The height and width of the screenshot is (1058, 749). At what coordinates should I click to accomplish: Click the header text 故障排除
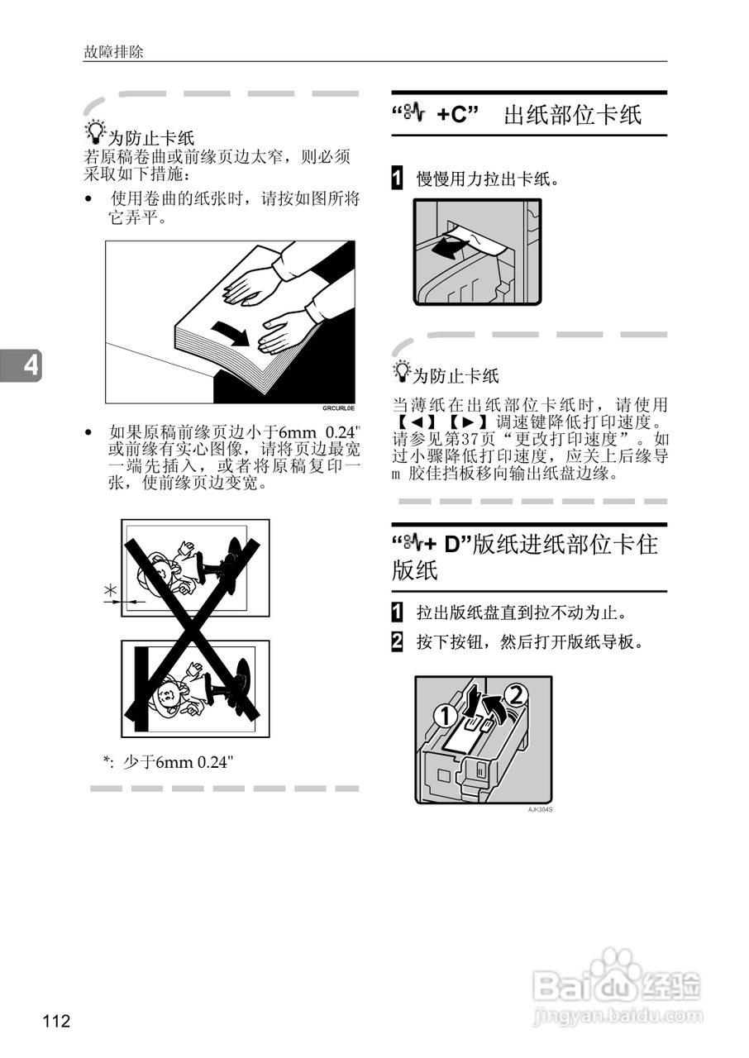click(113, 51)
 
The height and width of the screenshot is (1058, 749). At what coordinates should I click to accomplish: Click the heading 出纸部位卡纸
click(572, 114)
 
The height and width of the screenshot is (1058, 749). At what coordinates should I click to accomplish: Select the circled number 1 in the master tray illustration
click(445, 717)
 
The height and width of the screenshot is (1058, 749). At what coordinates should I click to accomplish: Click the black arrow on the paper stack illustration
click(231, 333)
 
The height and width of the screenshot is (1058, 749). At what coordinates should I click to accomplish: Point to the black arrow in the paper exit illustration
click(446, 247)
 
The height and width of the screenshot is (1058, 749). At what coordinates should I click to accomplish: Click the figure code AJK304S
click(540, 809)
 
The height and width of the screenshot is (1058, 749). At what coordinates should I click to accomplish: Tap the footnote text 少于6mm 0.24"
click(179, 761)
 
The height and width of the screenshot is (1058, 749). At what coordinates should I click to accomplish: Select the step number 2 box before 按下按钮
click(398, 641)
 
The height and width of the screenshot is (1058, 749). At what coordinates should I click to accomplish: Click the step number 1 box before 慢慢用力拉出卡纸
click(398, 178)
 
